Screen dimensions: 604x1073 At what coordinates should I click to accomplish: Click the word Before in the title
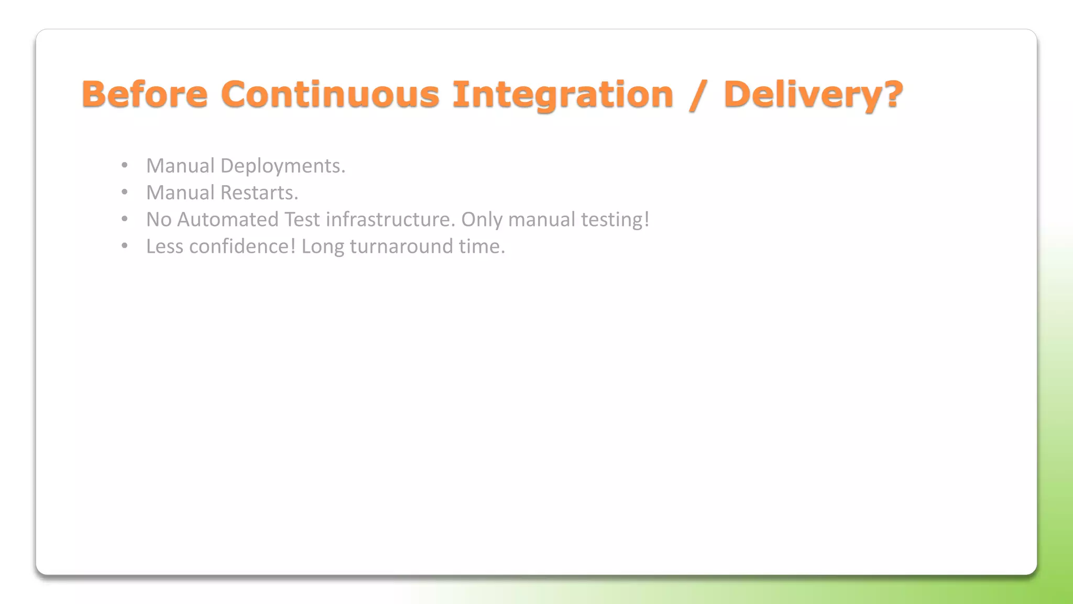tap(145, 94)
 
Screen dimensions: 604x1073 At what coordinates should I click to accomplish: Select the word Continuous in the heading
tap(330, 94)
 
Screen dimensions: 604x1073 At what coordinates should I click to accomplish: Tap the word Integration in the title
tap(563, 94)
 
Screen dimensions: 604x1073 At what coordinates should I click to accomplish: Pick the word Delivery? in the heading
tap(813, 94)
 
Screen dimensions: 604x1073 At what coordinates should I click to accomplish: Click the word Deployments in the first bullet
tap(282, 166)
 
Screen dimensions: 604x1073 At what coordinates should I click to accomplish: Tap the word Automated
tap(228, 220)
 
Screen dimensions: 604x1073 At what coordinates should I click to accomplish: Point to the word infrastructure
tap(390, 220)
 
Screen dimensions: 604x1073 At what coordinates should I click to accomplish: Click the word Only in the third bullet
tap(481, 220)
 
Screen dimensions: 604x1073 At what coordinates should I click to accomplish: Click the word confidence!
tap(243, 246)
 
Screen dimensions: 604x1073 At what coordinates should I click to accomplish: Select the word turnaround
tap(401, 246)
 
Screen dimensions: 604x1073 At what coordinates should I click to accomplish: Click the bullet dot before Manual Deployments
tap(124, 166)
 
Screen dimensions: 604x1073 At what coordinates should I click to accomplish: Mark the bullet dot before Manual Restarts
tap(124, 192)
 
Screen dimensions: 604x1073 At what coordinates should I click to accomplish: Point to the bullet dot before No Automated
tap(124, 219)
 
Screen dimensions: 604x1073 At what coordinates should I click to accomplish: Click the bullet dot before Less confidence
tap(124, 246)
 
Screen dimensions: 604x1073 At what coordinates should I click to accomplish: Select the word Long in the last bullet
tap(323, 246)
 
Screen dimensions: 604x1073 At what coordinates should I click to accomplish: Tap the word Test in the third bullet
tap(302, 220)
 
